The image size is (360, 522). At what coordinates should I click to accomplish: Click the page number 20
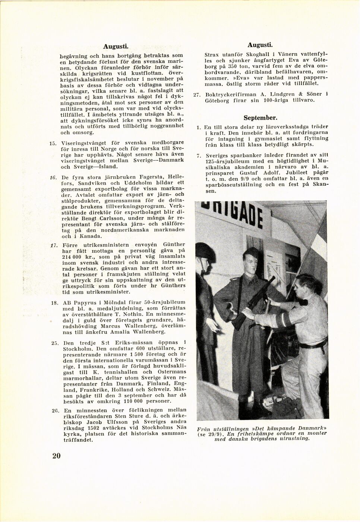click(56, 456)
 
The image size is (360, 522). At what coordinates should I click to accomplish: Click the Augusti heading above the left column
click(116, 47)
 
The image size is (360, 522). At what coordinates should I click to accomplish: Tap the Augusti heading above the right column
click(260, 45)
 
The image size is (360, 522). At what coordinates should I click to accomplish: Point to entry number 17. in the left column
click(53, 245)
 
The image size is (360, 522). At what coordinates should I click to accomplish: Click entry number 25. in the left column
click(54, 342)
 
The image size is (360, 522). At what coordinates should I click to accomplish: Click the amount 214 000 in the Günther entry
click(72, 257)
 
